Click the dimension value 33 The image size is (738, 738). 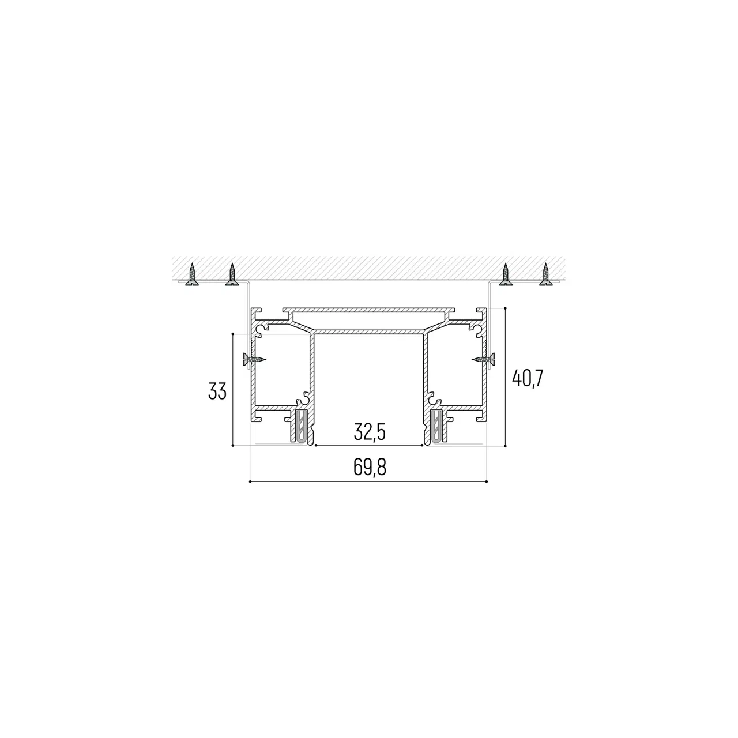(217, 391)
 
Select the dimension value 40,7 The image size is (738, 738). (528, 378)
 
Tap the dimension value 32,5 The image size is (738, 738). (370, 432)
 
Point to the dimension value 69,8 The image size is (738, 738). (370, 467)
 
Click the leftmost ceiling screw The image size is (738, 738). (192, 274)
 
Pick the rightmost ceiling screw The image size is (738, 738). (546, 274)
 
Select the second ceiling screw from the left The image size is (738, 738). (232, 274)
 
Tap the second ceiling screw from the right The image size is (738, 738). (506, 274)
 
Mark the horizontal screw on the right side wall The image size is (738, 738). (483, 359)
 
